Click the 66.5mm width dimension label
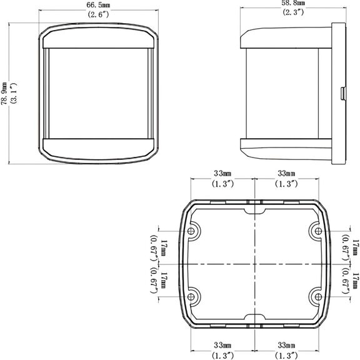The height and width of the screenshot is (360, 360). (x=98, y=5)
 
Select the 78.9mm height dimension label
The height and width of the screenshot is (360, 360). (x=4, y=94)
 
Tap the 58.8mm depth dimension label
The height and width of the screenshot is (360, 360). (x=293, y=3)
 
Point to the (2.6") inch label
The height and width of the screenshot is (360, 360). (x=98, y=14)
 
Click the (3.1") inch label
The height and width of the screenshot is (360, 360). (x=14, y=94)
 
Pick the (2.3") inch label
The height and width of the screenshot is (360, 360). (x=293, y=12)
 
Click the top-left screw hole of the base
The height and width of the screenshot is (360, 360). (x=191, y=231)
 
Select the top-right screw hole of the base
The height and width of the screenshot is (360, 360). (x=318, y=231)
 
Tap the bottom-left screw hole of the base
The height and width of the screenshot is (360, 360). (x=191, y=297)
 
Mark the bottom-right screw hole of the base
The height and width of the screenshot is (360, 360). (x=318, y=297)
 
